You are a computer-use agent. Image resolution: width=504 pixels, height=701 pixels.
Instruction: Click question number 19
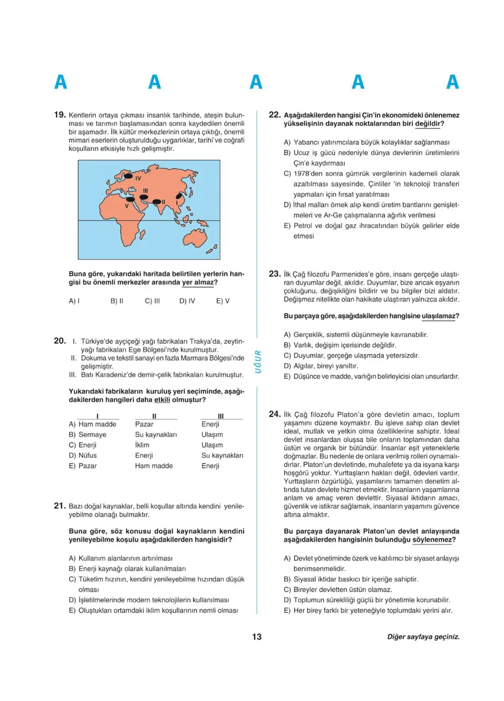click(x=60, y=115)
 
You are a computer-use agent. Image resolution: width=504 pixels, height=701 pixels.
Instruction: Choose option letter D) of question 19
click(x=183, y=300)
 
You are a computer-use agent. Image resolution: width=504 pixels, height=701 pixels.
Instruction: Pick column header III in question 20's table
click(x=221, y=416)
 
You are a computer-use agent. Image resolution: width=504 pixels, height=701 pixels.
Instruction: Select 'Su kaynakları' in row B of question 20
click(x=156, y=434)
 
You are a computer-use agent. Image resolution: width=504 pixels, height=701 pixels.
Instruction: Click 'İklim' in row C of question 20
click(x=142, y=445)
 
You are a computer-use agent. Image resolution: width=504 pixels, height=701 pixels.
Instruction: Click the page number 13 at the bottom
click(x=256, y=637)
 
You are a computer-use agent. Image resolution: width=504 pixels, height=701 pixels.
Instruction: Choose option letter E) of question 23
click(x=287, y=377)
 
